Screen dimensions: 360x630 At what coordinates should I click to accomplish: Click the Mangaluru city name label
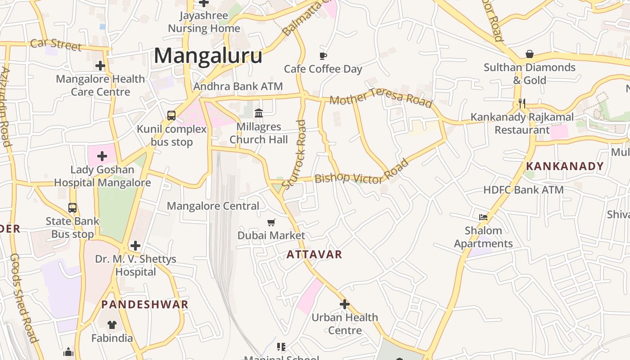point(208,56)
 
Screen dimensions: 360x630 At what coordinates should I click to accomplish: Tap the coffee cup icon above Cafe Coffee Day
point(323,56)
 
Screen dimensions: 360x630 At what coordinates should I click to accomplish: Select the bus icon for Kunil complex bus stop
point(171,116)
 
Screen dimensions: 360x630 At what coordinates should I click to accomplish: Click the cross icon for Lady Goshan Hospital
point(102,156)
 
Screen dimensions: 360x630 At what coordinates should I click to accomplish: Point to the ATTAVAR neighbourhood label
point(314,254)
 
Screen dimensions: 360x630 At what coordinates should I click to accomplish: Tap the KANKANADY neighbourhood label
point(564,166)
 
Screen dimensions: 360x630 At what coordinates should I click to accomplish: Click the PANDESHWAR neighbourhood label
point(144,304)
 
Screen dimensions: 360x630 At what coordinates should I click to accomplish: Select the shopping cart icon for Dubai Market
point(271,222)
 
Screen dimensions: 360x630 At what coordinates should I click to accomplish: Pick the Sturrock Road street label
point(295,154)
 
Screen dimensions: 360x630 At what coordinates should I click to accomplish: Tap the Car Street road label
point(56,44)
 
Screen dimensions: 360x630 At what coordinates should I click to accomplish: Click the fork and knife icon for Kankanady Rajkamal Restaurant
point(522,103)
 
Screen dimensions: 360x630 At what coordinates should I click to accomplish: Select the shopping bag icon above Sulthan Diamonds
point(530,54)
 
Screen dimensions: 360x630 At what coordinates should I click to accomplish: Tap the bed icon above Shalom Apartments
point(483,217)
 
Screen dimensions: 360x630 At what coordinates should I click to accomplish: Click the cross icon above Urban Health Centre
point(344,304)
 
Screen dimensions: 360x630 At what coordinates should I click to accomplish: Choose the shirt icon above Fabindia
point(112,324)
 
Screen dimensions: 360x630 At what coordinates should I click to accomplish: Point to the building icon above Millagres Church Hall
point(259,113)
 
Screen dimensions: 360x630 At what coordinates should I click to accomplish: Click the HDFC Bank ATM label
point(523,190)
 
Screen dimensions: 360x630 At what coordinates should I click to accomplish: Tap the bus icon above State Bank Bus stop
point(72,208)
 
